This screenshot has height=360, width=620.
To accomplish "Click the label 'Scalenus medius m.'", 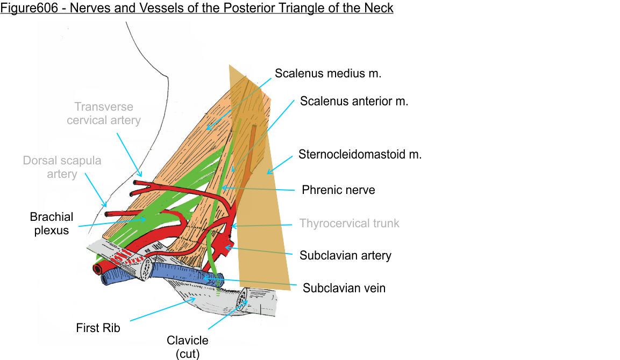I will [327, 73].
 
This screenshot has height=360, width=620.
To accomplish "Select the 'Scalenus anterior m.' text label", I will [354, 100].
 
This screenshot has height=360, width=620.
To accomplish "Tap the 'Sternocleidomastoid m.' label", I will [360, 155].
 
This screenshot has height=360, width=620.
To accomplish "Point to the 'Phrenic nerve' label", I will [338, 190].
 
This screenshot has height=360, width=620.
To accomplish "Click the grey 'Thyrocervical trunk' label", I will [349, 223].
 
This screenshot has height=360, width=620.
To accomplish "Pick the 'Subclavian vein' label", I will [344, 288].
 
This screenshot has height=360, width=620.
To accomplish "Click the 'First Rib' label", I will [98, 327].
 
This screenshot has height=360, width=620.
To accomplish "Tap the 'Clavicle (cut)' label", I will [187, 347].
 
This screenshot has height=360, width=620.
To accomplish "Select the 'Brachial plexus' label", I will [52, 224].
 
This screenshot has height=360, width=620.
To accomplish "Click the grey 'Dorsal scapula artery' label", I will [62, 167].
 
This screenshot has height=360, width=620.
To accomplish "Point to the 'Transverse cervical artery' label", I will [104, 113].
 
